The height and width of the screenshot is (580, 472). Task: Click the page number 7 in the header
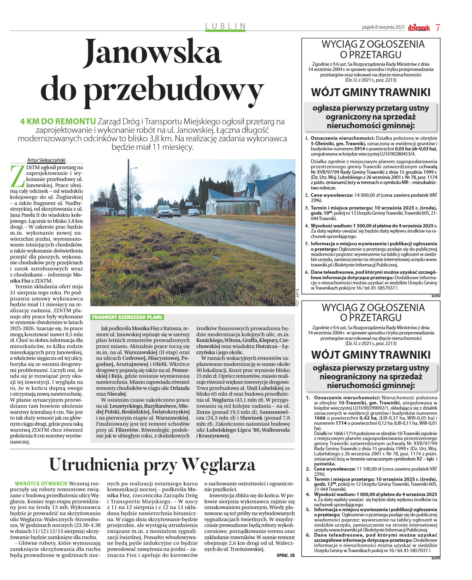click(437, 27)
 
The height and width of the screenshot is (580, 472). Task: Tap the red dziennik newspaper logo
click(419, 28)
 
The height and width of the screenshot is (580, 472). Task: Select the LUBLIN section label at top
click(225, 26)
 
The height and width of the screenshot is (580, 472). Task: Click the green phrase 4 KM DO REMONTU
click(58, 122)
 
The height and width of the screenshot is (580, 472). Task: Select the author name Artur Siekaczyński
click(46, 160)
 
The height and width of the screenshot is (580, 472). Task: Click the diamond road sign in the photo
click(138, 198)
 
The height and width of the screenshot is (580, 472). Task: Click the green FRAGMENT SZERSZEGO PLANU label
click(127, 317)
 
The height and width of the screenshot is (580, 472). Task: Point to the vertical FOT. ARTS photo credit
click(297, 297)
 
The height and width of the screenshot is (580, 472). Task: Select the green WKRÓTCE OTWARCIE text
click(41, 483)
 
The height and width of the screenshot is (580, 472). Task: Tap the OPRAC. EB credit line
click(285, 555)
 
